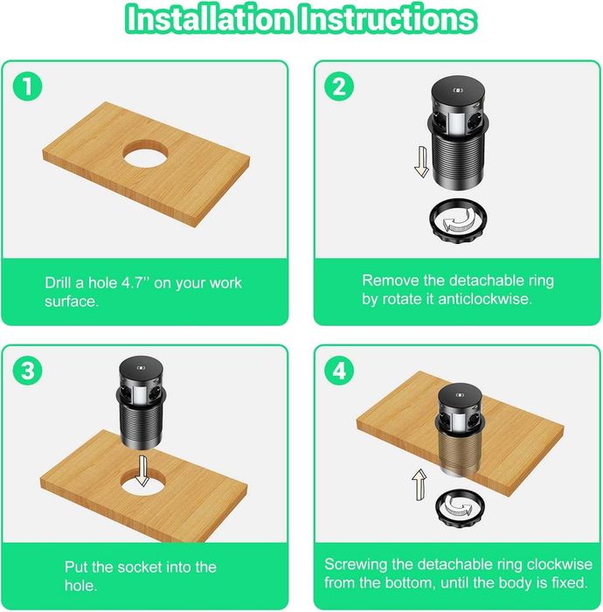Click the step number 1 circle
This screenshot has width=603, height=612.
click(27, 86)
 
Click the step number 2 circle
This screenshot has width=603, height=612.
click(339, 86)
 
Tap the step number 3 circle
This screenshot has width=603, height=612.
click(27, 370)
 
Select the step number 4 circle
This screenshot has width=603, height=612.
click(339, 370)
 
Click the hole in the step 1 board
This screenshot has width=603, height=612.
click(145, 153)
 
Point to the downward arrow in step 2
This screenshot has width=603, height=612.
click(421, 162)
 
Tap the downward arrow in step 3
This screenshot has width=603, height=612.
click(142, 470)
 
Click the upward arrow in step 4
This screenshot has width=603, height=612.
click(419, 484)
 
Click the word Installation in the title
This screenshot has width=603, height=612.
click(210, 19)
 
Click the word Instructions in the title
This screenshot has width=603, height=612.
click(388, 19)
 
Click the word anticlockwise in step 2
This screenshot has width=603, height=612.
click(485, 299)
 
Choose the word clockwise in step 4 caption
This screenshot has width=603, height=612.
click(559, 565)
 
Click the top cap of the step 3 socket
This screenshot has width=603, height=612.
click(142, 367)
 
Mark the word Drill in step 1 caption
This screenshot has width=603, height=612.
click(59, 282)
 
